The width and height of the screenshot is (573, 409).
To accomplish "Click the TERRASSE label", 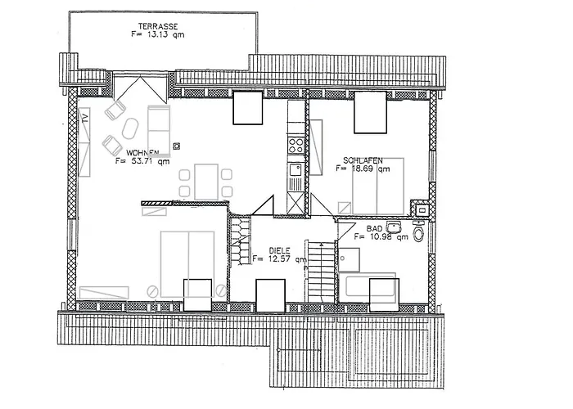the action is coord(158,26).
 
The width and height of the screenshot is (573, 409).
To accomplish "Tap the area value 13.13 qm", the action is coord(162,34).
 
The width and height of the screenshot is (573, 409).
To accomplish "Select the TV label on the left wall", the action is coord(85,118).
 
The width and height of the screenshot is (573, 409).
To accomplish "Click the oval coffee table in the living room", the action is coord(130,128).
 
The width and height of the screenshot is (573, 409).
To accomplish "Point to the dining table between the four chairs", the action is coord(206,182).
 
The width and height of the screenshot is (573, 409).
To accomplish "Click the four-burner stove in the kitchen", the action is coord(296,146).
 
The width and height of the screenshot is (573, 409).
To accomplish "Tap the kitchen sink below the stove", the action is coord(296,170).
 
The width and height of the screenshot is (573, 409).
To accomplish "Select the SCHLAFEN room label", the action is coord(363,160).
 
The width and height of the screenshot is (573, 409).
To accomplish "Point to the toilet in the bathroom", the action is coord(418,231).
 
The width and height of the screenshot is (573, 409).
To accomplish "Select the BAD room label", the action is coord(374,228).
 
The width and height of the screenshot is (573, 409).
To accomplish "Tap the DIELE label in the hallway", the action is coord(279,250).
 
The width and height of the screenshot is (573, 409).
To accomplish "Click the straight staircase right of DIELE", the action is coord(321,271).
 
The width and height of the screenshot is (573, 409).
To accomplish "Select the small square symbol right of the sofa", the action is coord(177,146).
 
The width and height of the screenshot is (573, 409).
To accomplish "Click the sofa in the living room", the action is coord(159,130).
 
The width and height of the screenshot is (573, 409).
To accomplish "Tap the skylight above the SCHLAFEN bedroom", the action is coord(370,112).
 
